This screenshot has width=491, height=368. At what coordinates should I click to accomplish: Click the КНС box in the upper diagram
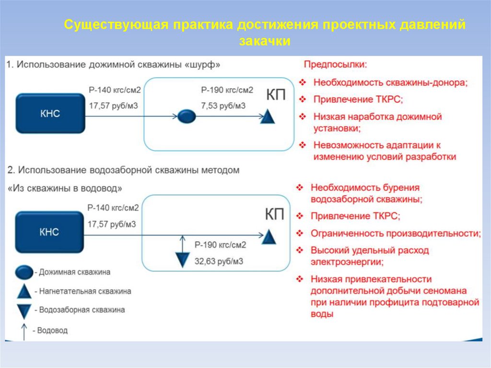(x=50, y=114)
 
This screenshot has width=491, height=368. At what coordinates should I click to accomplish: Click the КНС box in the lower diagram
(x=50, y=232)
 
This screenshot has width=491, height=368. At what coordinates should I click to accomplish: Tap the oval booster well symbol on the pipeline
(x=187, y=116)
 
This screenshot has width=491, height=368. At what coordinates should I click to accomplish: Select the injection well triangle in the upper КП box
(x=268, y=116)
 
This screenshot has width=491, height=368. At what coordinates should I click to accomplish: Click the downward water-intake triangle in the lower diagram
(x=183, y=259)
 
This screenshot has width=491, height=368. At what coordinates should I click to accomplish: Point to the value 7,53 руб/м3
(x=223, y=106)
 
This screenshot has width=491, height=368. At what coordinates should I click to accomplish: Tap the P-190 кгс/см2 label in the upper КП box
(x=227, y=90)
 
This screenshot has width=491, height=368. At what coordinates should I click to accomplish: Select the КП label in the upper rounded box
(x=276, y=95)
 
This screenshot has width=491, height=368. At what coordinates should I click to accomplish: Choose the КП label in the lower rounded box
(x=275, y=214)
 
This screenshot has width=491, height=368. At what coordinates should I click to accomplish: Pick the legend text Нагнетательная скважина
(x=85, y=291)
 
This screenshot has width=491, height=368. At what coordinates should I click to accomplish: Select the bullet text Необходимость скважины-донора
(x=390, y=82)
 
